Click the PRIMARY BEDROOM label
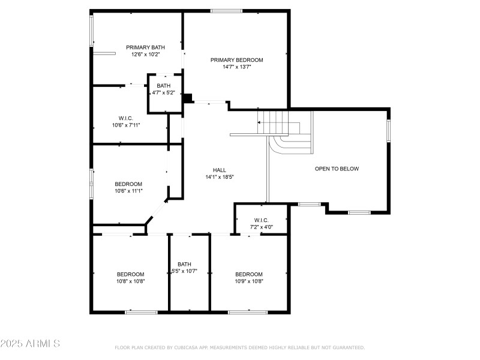tap(236, 60)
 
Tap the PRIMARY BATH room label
tap(145, 47)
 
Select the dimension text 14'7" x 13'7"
tap(236, 67)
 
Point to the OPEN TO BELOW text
tap(337, 169)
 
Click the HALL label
tap(219, 170)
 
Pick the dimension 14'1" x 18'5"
tap(219, 177)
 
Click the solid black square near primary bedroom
tap(188, 98)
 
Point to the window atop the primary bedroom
tap(227, 11)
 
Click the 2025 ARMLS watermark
tap(30, 344)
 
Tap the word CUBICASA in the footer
tap(186, 347)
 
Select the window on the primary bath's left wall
tap(92, 30)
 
